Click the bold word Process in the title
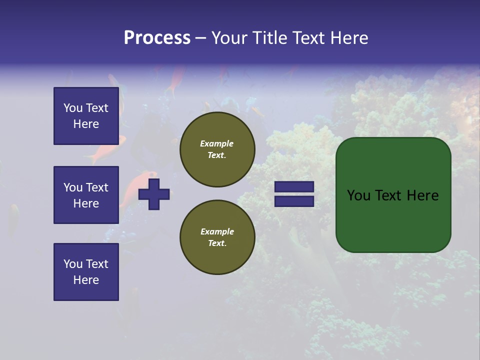tap(157, 37)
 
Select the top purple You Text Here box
tap(86, 116)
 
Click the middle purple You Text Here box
tap(86, 195)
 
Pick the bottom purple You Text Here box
tap(86, 272)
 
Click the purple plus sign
tap(154, 194)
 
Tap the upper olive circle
tap(217, 149)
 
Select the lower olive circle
tap(217, 237)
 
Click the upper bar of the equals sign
tap(294, 187)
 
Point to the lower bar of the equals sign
tap(294, 201)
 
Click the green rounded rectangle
tap(393, 220)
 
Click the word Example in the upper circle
tap(216, 143)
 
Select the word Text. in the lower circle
tap(217, 243)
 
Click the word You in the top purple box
tap(73, 108)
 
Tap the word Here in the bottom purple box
tap(86, 280)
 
